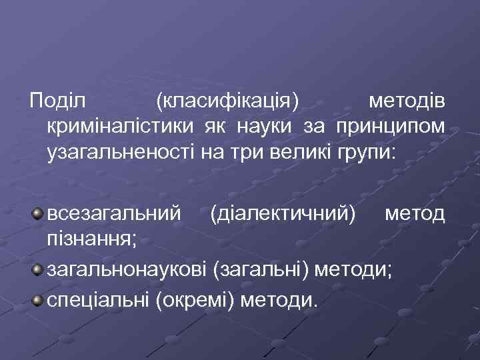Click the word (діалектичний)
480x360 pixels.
(282, 215)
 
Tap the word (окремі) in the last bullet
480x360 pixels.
(196, 301)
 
